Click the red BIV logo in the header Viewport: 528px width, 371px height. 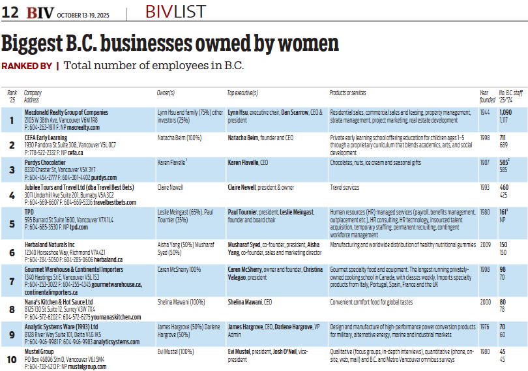pos(40,13)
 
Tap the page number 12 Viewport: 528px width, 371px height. pos(10,12)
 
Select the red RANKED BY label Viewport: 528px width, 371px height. pos(27,66)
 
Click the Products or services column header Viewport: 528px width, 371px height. pos(347,93)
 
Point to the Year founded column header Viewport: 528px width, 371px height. pos(487,96)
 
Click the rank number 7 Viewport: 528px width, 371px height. pos(12,281)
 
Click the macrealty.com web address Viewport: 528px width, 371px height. pos(83,127)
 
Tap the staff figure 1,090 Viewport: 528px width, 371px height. pos(505,112)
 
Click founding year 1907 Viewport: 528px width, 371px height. pos(485,162)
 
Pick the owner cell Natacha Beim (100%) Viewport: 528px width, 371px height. pos(179,138)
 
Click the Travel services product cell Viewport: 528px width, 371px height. pos(344,187)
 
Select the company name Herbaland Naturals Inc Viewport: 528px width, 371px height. pos(50,245)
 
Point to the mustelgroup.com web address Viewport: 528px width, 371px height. pos(87,366)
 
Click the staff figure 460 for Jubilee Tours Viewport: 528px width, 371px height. pos(504,187)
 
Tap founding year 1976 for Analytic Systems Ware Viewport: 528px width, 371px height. pos(485,327)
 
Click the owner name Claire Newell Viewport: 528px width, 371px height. pos(170,187)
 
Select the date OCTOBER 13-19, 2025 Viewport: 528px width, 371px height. pos(83,15)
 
